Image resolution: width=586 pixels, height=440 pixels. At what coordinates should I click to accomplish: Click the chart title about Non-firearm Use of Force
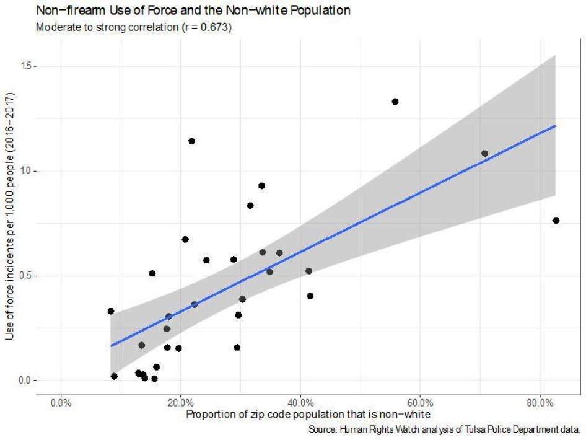click(x=193, y=11)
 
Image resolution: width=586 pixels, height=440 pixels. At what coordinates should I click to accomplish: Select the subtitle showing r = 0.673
click(x=133, y=29)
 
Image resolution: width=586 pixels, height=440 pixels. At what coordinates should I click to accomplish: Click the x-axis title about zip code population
click(x=308, y=414)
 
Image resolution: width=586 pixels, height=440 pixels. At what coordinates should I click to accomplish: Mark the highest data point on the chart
click(x=395, y=102)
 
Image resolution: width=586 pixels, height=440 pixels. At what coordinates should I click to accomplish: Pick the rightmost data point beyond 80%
click(x=556, y=221)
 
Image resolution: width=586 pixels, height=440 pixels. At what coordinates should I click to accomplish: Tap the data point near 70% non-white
click(x=484, y=153)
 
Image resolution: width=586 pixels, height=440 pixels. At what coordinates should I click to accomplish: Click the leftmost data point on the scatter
click(x=111, y=311)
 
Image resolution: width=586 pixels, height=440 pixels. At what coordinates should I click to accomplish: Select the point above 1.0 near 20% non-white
click(x=191, y=141)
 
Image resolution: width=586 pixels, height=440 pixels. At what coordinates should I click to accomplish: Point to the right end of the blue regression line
click(x=556, y=126)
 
